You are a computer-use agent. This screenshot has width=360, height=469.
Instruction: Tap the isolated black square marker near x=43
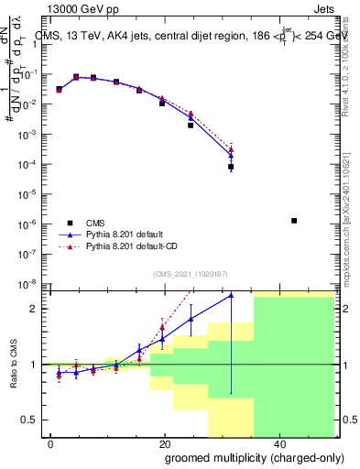tap(294, 221)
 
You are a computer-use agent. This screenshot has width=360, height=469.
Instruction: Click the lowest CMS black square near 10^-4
tap(231, 168)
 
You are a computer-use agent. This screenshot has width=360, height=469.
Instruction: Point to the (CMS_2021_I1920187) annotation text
tap(190, 273)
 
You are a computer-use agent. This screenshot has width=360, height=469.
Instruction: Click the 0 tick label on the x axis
tap(50, 443)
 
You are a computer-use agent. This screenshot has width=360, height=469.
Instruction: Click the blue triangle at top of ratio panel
tap(231, 295)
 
